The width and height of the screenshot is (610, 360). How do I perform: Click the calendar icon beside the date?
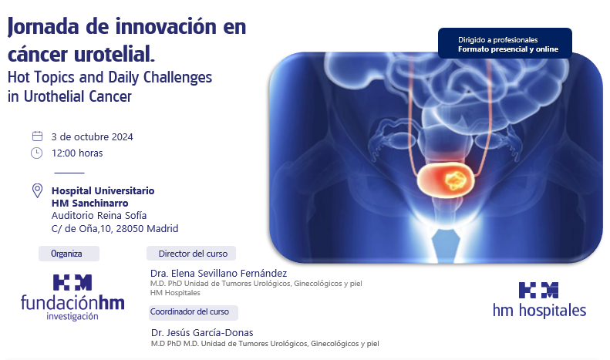(x=37, y=136)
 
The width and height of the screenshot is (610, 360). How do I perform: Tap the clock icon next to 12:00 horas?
(x=36, y=153)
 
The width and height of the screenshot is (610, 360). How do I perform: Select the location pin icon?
(x=37, y=191)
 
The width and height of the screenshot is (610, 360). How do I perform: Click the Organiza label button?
(x=69, y=254)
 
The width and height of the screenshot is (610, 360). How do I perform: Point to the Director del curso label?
(x=191, y=254)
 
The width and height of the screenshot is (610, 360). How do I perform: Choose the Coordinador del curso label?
(x=193, y=312)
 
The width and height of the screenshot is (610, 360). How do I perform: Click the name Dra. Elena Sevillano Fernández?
(x=219, y=274)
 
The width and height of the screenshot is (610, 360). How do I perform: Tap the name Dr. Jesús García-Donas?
(x=202, y=333)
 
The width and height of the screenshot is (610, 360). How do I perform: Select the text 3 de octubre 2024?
(x=93, y=137)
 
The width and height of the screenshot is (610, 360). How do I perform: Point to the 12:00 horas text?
(x=77, y=153)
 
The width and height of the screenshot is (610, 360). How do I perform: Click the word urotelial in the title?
(x=114, y=54)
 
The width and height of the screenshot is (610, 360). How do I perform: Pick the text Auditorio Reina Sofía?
(x=99, y=215)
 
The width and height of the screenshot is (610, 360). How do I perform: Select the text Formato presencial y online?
(x=508, y=49)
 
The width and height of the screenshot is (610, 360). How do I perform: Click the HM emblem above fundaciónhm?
(x=72, y=282)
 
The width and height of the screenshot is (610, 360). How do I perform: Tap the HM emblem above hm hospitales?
(x=538, y=291)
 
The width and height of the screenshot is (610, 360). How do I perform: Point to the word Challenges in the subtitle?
(x=178, y=77)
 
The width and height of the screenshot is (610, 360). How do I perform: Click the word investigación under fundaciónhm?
(x=72, y=317)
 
